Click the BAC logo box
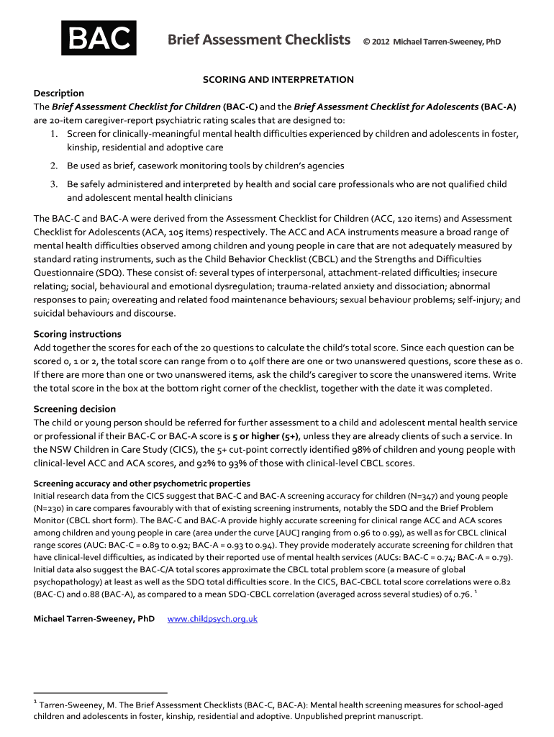[99, 39]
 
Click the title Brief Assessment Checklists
[259, 40]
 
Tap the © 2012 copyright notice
[432, 41]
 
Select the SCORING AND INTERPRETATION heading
[277, 79]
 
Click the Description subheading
[59, 93]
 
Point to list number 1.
[55, 134]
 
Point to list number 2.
[55, 166]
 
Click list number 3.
[55, 184]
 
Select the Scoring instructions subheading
[78, 334]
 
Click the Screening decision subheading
[75, 409]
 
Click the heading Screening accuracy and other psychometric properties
[142, 483]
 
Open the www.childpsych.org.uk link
[212, 619]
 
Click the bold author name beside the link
[94, 619]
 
